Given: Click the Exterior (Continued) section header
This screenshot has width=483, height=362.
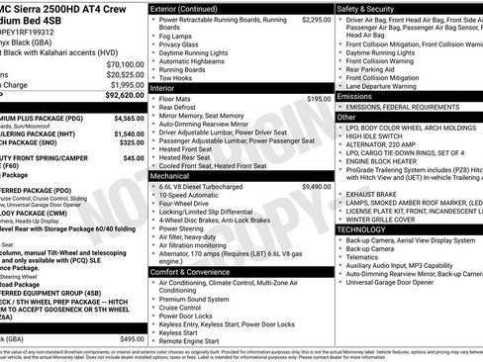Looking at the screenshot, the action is coord(187,8).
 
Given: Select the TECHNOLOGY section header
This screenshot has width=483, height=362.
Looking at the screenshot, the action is coord(362,228).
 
